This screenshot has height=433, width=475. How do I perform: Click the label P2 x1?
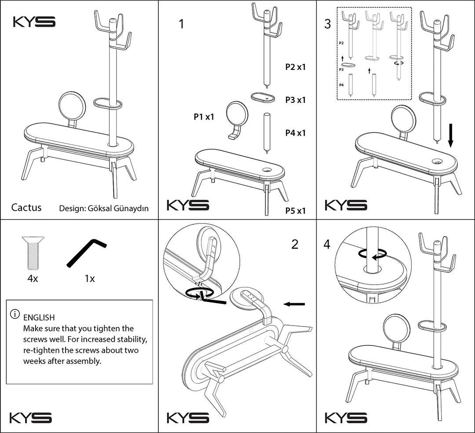pos(296,67)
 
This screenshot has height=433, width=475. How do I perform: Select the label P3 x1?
pos(296,100)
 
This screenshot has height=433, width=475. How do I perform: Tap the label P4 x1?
pos(296,133)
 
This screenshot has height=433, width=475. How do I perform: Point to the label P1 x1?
pos(204,116)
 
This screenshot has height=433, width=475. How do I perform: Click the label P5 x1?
pos(296,211)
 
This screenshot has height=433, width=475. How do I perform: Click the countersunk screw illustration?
pos(33,253)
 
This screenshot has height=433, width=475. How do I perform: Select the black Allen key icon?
pos(86,253)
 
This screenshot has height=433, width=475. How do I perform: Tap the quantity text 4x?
pos(33,279)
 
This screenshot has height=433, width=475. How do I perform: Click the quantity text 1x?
pos(90,279)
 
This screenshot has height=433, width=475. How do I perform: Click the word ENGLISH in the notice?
pos(39,318)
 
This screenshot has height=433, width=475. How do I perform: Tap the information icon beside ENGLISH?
pos(15,314)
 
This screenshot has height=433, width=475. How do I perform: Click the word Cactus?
pos(26,207)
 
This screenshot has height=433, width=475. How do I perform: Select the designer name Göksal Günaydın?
pos(118,209)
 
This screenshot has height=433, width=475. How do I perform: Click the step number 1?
pos(181,24)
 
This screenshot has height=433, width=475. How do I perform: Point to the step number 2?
pos(295,244)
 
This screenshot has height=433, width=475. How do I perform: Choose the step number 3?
pos(328,24)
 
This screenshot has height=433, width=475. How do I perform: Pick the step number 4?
pos(327,244)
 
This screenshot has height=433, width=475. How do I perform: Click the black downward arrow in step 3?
pos(451,135)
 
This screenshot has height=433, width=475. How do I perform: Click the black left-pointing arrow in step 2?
pos(294,304)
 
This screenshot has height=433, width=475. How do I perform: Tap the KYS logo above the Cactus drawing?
pos(34,22)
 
